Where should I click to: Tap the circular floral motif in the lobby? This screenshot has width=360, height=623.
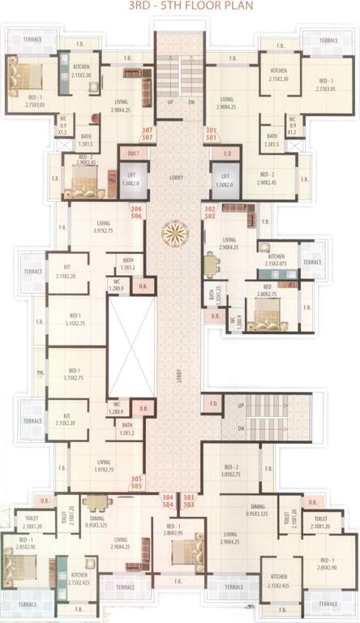point(173,234)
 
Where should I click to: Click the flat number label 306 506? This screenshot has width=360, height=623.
point(136,213)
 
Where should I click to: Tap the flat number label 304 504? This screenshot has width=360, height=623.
point(169,500)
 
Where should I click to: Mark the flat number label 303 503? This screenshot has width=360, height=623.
point(189,500)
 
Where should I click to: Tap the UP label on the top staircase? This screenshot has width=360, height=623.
point(168,103)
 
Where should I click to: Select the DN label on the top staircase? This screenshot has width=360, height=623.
point(191,103)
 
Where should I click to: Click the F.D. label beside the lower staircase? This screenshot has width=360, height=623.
point(213,403)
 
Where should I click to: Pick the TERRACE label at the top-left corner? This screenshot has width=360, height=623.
point(32,39)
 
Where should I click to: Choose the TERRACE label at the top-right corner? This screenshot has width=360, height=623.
point(328,40)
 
